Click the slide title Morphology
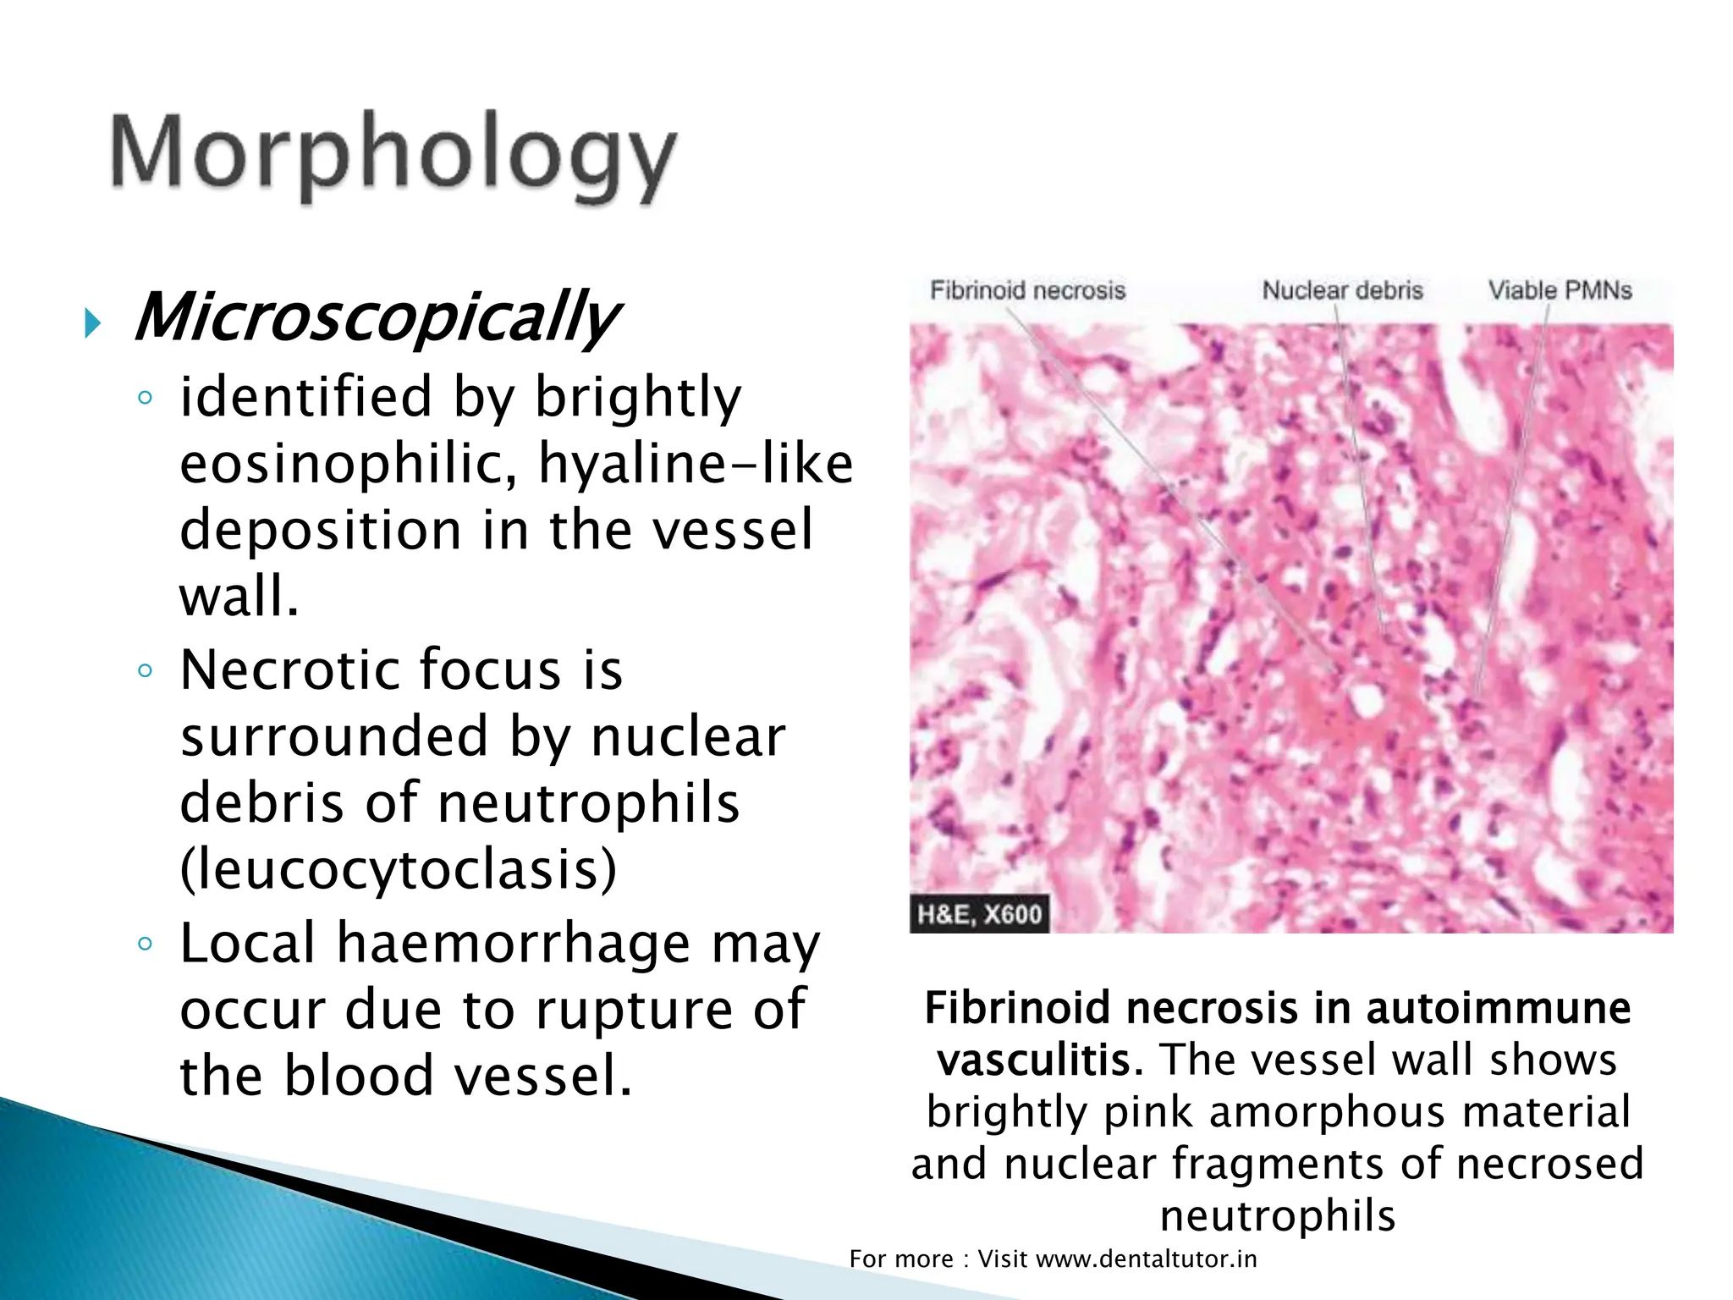pos(393,157)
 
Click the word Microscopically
pos(377,317)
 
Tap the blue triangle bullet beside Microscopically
pos(92,323)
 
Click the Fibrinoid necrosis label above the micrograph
pos(1027,290)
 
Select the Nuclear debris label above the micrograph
pos(1342,290)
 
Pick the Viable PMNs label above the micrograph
pos(1560,290)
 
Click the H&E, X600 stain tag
pos(979,914)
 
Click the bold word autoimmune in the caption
pos(1498,1007)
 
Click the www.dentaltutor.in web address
pos(1146,1259)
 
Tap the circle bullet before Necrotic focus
pos(145,672)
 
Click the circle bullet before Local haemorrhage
pos(145,945)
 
